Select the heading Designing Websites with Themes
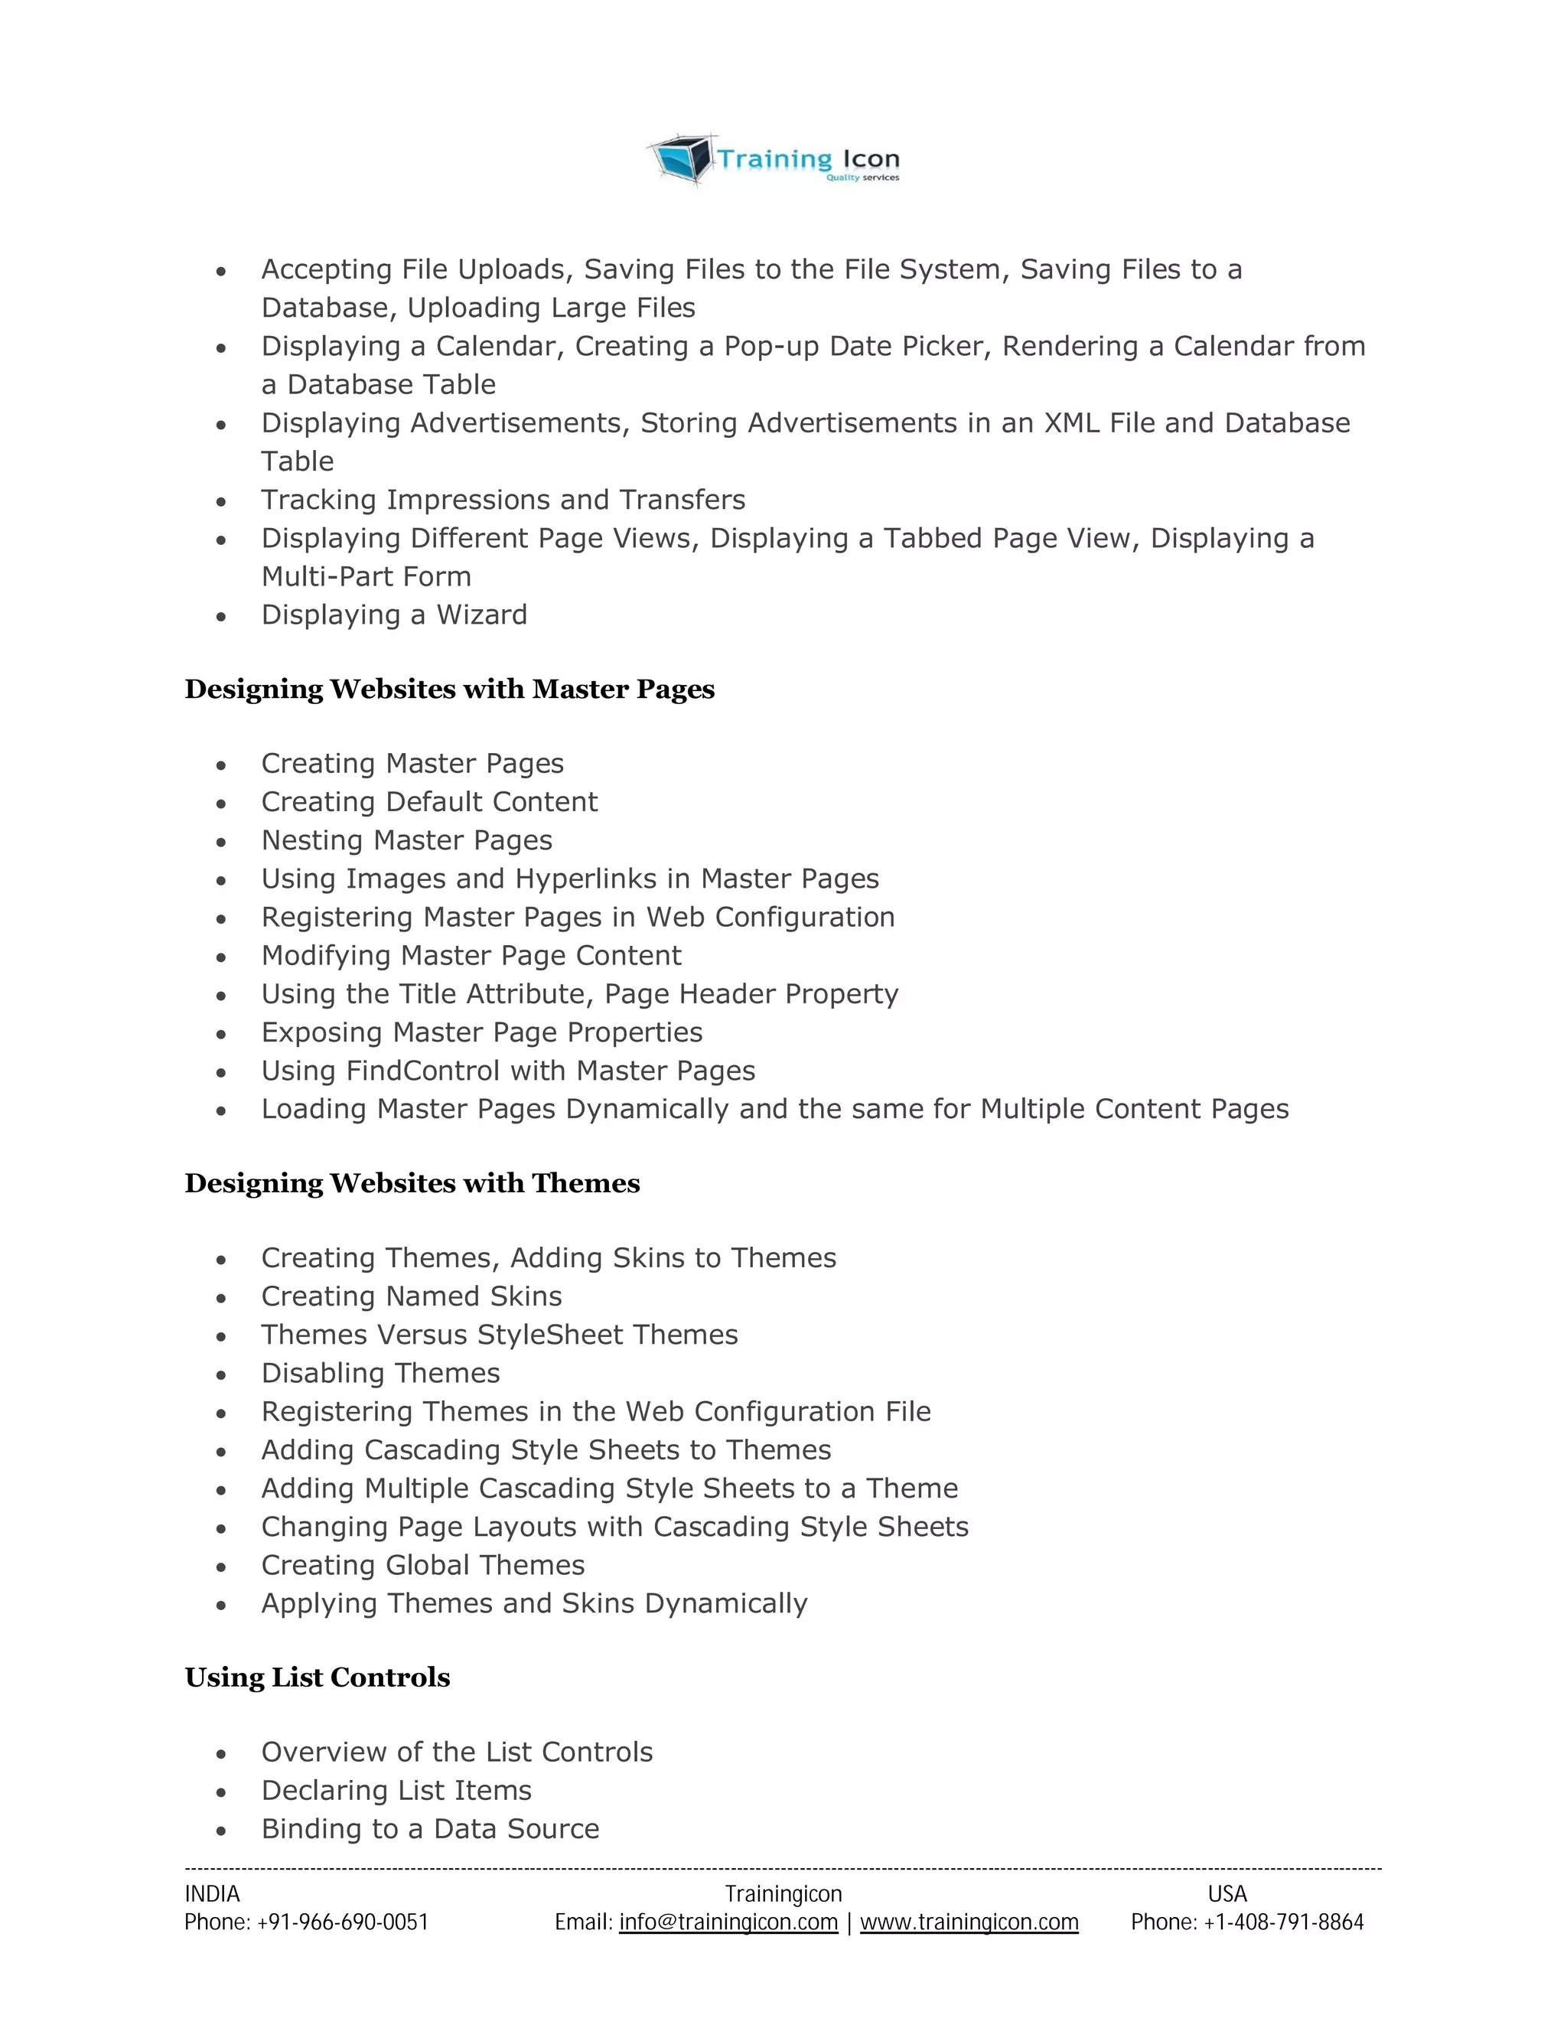tap(412, 1184)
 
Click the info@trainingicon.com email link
tap(728, 1922)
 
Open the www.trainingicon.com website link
tap(969, 1922)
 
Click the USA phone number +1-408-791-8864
tap(1283, 1922)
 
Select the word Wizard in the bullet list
tap(482, 615)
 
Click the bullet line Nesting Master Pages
tap(406, 841)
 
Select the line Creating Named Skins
tap(411, 1297)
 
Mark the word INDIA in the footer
tap(212, 1894)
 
